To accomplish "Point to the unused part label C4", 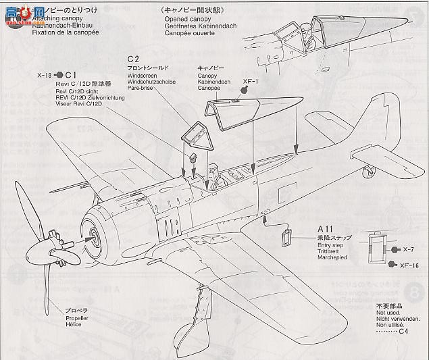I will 403,331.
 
